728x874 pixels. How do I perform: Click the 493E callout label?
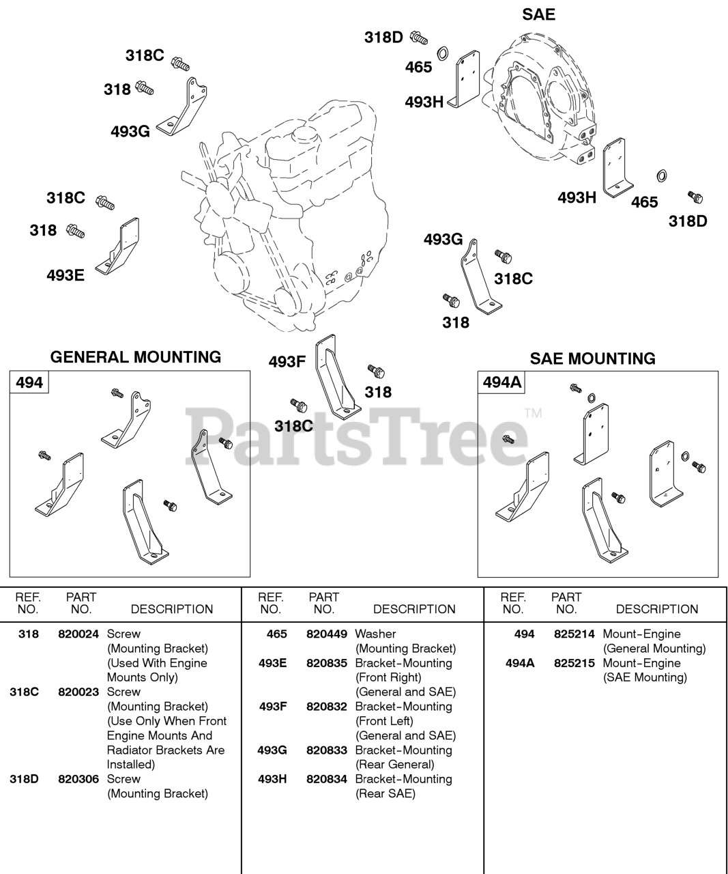point(65,276)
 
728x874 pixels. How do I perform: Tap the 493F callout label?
point(287,362)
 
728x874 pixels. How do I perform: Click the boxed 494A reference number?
point(502,382)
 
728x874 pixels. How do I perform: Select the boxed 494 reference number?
point(29,382)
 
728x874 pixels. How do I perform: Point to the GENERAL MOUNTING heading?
point(136,357)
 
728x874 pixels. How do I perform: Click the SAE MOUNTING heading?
point(592,358)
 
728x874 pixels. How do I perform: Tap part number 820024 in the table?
point(78,634)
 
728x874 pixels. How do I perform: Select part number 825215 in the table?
point(574,663)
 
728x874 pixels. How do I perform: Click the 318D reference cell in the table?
point(25,778)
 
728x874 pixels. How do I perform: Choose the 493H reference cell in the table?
point(272,778)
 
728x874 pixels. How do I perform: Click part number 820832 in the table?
point(327,706)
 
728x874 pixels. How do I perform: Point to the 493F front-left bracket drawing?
point(336,379)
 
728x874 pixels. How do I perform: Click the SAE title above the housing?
point(538,14)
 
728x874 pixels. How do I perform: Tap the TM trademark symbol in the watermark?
point(533,413)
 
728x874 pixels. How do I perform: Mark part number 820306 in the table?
point(78,778)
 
